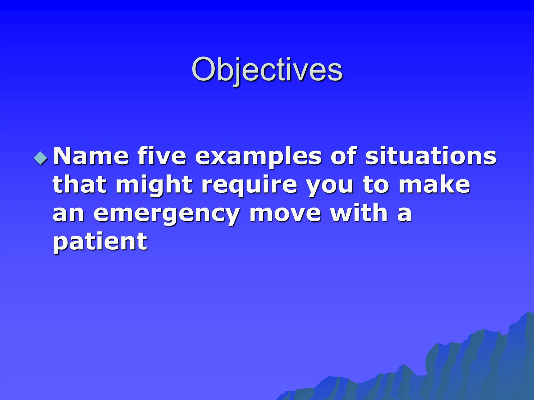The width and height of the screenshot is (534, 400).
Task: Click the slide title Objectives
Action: tap(267, 70)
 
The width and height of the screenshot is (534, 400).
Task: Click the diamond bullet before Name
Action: tap(41, 158)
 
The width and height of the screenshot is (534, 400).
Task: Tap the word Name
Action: tap(91, 156)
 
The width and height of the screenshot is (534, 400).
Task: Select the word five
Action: tap(162, 156)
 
